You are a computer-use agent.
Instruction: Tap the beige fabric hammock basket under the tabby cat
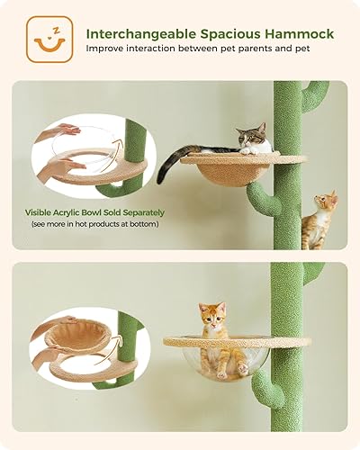(x=229, y=172)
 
